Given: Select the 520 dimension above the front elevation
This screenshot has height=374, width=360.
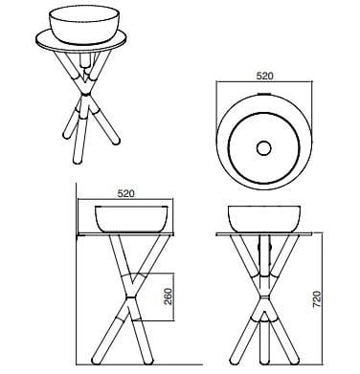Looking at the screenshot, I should click(x=125, y=192).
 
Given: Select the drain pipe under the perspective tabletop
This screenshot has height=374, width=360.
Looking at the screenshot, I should click(x=87, y=56).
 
